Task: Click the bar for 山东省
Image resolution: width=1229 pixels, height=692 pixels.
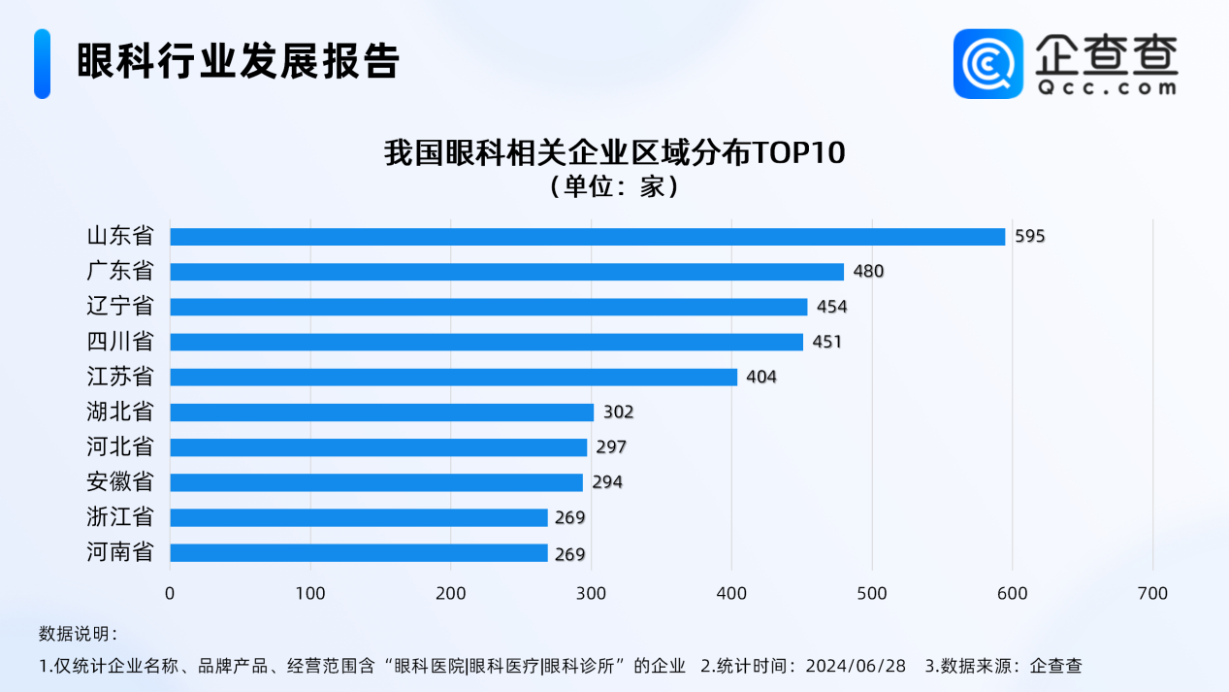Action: coord(587,237)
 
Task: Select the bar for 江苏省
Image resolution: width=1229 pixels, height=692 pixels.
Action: coord(453,377)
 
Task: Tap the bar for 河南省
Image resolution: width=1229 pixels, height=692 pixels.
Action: coord(359,553)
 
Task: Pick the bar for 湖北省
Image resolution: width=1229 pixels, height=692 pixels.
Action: coord(381,412)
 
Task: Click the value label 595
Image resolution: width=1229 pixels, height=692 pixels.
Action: coord(1030,237)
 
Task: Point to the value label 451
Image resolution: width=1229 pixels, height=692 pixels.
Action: coord(827,342)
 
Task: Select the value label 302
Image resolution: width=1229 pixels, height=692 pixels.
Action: coord(618,412)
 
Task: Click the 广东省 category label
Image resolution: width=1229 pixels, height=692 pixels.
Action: coord(120,272)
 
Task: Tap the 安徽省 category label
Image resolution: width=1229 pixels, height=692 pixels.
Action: coord(120,482)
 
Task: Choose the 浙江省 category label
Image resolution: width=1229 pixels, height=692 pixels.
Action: coord(120,517)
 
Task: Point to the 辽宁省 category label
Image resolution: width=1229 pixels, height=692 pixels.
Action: coord(120,307)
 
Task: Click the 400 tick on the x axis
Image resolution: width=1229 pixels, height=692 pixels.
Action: coord(731,593)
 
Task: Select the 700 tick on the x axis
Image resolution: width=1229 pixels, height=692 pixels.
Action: coord(1153,593)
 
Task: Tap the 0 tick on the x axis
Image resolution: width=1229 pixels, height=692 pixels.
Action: coord(170,593)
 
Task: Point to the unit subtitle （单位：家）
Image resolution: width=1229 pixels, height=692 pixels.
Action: coord(614,185)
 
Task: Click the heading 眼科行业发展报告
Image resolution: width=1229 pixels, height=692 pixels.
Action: coord(239,62)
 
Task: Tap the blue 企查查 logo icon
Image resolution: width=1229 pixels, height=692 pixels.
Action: coord(987,63)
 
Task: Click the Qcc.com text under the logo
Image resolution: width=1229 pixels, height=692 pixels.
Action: coord(1106,87)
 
